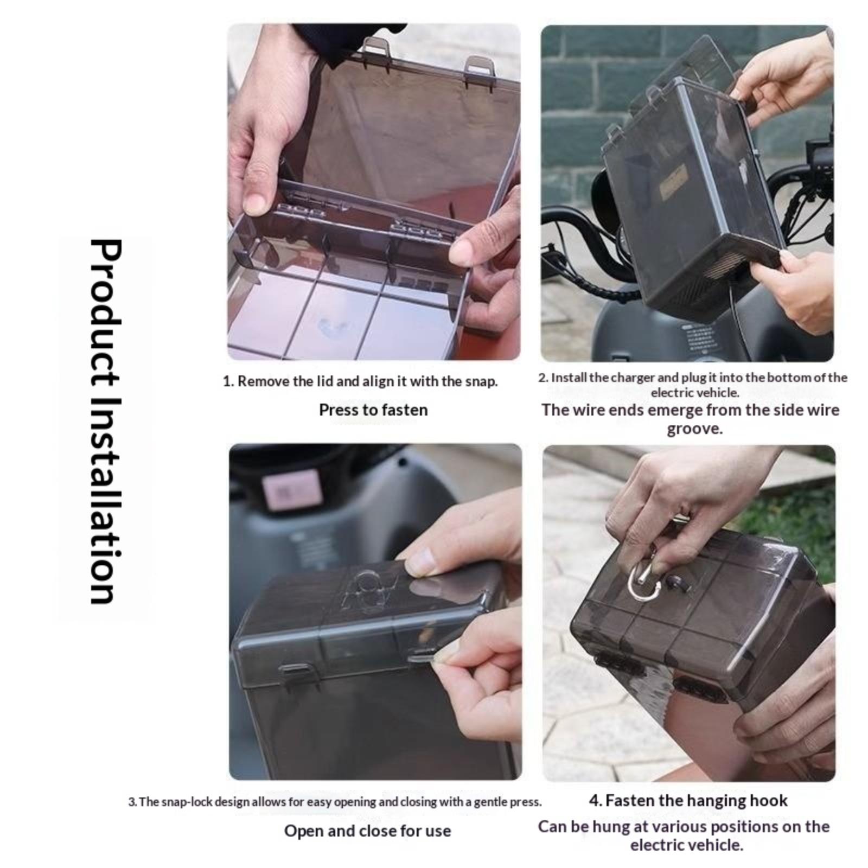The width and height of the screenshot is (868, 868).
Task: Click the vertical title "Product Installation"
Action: tap(105, 421)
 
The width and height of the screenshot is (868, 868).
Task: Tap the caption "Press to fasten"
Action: tap(373, 410)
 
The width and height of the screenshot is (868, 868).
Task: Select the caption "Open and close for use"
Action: tap(368, 831)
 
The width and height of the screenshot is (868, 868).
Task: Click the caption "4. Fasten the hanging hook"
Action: tap(688, 800)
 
